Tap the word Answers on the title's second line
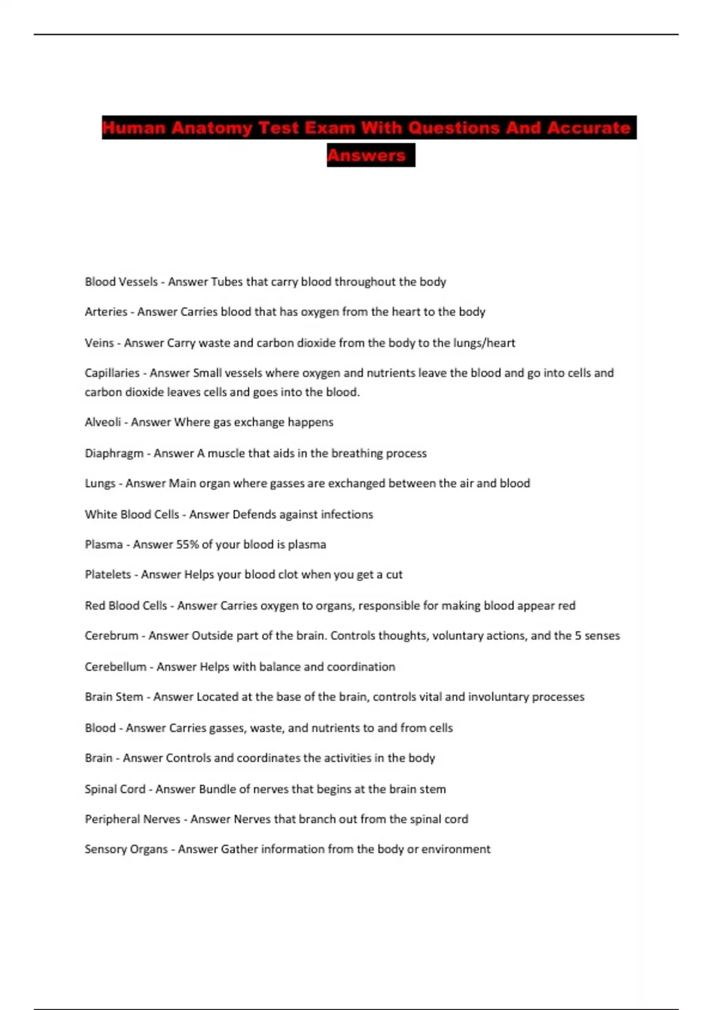[367, 155]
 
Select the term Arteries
[106, 312]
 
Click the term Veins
[99, 343]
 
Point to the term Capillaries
[112, 373]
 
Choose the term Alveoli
[103, 422]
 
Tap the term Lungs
[100, 484]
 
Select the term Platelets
[108, 575]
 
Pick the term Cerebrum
[111, 636]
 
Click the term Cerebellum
[115, 667]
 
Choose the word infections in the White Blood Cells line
[347, 515]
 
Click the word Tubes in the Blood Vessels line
[223, 282]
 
